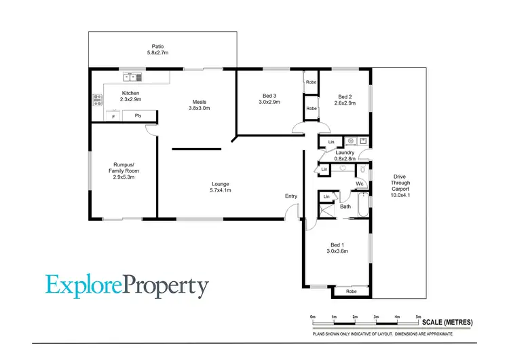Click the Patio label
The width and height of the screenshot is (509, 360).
click(x=157, y=50)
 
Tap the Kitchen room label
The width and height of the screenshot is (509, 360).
click(x=130, y=96)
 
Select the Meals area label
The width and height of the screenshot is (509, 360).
click(x=200, y=105)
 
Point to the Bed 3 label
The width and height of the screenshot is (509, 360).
click(x=269, y=98)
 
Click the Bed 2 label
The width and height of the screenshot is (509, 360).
click(x=345, y=99)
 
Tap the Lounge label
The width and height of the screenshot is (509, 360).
click(x=220, y=187)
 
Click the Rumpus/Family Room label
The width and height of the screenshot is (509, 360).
click(x=126, y=170)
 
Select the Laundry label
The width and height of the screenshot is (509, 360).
click(x=345, y=156)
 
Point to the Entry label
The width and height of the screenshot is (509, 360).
click(x=291, y=196)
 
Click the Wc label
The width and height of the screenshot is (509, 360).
click(x=360, y=183)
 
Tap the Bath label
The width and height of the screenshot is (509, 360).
click(x=345, y=206)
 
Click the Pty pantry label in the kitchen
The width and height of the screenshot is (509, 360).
click(x=138, y=115)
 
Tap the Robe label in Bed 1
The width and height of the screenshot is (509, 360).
click(x=351, y=291)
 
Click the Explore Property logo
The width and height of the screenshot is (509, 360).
click(x=128, y=286)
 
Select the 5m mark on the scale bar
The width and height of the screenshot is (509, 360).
click(x=419, y=317)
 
